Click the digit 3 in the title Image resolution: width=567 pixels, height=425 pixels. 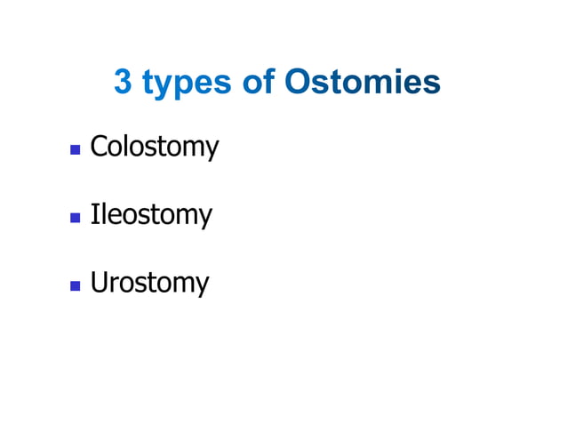(x=124, y=83)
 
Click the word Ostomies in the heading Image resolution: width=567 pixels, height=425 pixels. (x=363, y=83)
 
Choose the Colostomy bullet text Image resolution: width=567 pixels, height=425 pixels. (x=154, y=147)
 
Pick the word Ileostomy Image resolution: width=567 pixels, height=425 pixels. (x=151, y=215)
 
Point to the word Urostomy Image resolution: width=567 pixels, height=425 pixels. (x=149, y=283)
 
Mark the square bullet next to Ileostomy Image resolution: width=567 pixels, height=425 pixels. (x=76, y=217)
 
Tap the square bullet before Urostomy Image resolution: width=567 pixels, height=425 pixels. (x=76, y=285)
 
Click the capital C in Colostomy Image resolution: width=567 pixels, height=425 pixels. (x=99, y=146)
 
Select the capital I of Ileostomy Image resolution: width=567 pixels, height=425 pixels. (x=94, y=214)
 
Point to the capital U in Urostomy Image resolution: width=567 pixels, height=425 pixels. (x=99, y=283)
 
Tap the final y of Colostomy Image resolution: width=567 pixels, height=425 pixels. (x=212, y=149)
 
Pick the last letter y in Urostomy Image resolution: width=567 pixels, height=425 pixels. (x=203, y=286)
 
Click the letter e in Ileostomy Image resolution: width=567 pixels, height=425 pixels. (x=109, y=216)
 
